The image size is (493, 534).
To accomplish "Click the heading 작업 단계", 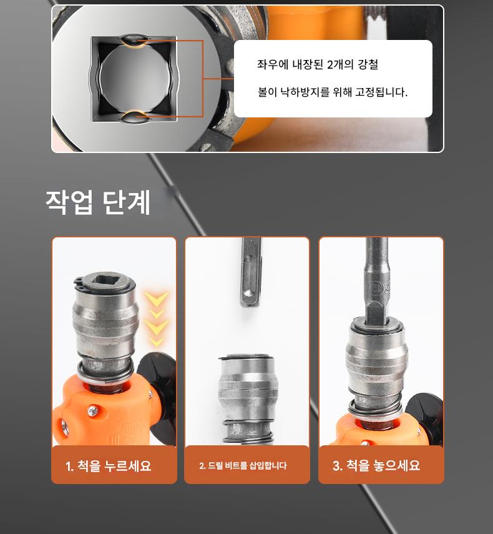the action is [98, 202].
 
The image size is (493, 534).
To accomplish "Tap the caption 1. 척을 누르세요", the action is [108, 465].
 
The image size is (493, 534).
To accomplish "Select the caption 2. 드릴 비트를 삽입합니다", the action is [243, 465].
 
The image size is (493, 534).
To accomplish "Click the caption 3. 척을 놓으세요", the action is [376, 465].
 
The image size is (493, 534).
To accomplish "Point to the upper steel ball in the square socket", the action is [134, 40].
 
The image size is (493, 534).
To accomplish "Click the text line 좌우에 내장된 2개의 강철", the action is [318, 64].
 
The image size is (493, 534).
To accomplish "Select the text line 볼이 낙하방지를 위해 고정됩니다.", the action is [333, 92].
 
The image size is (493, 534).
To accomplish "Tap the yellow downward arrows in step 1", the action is [156, 319].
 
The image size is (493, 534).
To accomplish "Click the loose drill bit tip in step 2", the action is [251, 272].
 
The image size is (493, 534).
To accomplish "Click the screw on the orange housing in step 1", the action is [92, 411].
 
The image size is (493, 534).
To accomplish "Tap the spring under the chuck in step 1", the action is [105, 372].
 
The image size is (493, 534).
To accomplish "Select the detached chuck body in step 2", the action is [247, 398].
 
